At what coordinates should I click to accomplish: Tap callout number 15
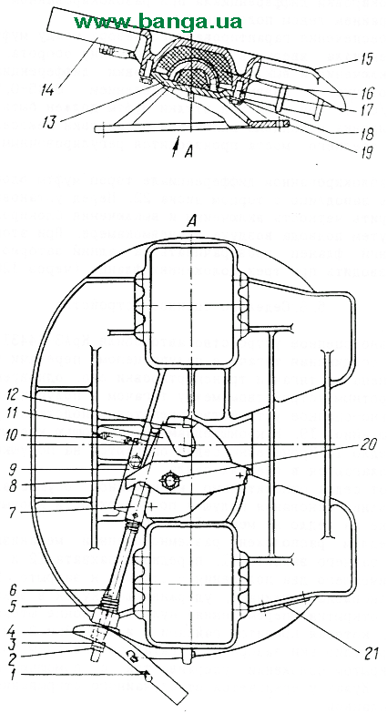364,58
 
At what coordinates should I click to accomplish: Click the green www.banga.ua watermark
158,21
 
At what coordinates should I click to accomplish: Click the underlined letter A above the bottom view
193,224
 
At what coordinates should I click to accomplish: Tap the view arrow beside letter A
176,147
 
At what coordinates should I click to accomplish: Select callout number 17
364,110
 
